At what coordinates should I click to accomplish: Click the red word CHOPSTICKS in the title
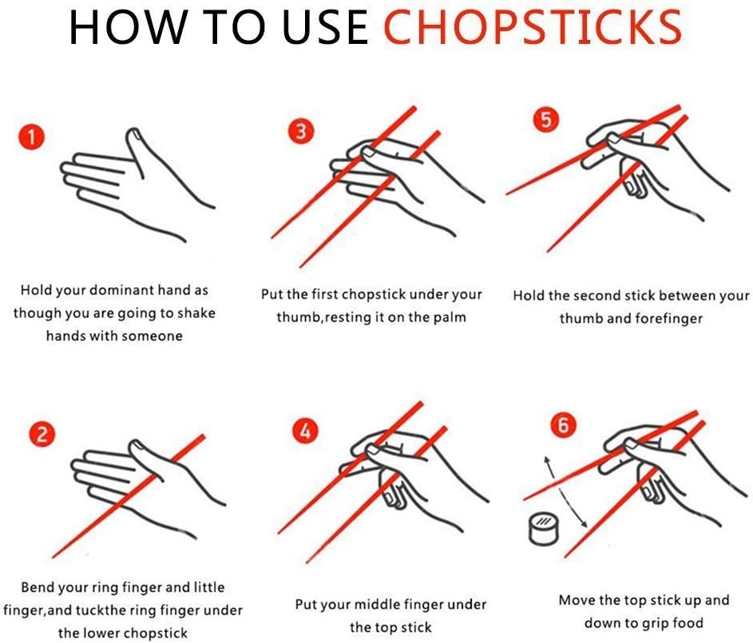pyautogui.click(x=533, y=27)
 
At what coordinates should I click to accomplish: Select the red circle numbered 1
pyautogui.click(x=31, y=138)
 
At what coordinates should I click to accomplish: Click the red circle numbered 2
pyautogui.click(x=42, y=435)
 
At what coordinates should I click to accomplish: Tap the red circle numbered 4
pyautogui.click(x=304, y=432)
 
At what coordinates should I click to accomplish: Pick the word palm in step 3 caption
pyautogui.click(x=450, y=317)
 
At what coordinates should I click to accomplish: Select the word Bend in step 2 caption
pyautogui.click(x=38, y=588)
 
